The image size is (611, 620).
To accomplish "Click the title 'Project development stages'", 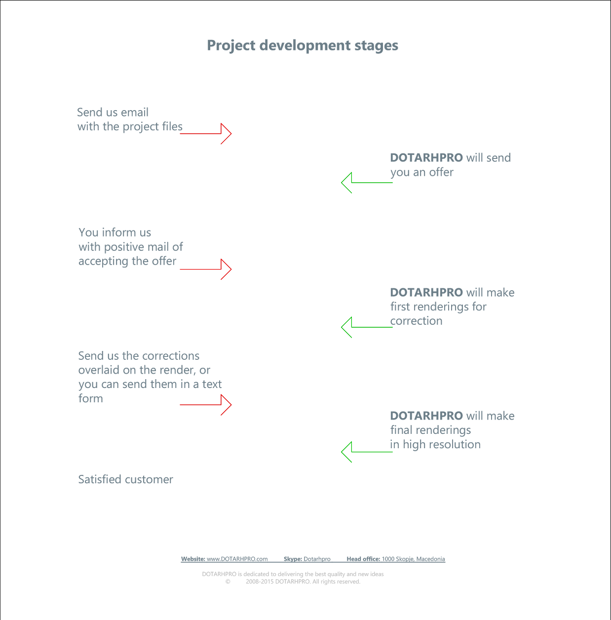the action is (303, 45).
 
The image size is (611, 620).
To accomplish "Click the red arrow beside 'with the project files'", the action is (206, 133).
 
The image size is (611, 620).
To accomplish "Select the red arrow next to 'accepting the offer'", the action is (206, 270).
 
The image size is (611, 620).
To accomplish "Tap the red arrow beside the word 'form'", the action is (206, 405).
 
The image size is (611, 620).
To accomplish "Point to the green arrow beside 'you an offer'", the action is (367, 183).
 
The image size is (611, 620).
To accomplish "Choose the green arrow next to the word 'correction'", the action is (367, 327).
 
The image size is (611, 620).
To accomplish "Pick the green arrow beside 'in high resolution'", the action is (367, 452).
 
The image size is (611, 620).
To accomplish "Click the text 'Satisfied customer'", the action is (125, 479).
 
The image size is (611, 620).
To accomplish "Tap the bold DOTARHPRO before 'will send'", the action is (426, 157).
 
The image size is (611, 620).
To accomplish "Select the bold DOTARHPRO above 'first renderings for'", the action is (426, 292).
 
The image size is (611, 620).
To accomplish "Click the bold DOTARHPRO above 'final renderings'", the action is (426, 416).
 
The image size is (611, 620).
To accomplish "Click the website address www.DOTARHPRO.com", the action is (237, 559).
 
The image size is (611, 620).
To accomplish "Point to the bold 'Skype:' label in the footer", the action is (293, 559).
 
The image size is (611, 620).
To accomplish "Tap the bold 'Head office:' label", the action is (363, 559).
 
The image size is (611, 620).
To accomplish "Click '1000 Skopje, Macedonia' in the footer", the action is (414, 559).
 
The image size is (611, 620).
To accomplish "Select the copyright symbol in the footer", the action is (228, 581).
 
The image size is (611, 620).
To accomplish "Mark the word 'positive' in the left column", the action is (125, 247).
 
